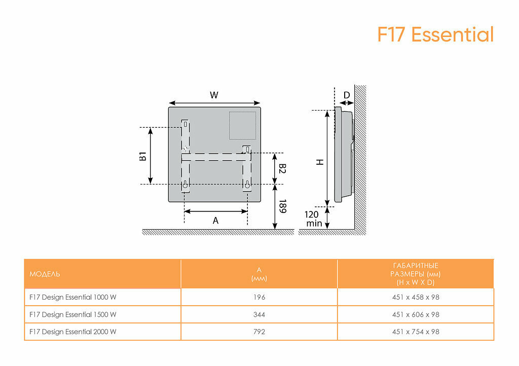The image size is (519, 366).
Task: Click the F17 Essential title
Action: coord(435,35)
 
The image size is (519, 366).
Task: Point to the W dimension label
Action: coord(214,95)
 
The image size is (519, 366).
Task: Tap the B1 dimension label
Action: coord(143,156)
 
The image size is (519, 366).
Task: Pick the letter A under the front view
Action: coord(215,221)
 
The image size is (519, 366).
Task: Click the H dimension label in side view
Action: coord(319,162)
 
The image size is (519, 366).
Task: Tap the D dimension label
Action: coord(347,95)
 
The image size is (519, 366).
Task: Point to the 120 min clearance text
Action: coord(313,218)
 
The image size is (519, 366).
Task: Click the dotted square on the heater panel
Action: coord(242,125)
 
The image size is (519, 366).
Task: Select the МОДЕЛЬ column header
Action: coord(45,274)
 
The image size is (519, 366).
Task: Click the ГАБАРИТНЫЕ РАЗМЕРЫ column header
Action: coord(416,274)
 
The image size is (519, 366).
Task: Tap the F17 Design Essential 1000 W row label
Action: coord(73,297)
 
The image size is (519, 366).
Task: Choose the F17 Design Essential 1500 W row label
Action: coord(73,314)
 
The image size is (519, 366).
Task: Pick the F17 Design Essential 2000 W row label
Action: coord(73,332)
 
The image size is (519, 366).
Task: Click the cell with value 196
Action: coord(259,297)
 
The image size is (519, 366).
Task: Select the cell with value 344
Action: coord(259,314)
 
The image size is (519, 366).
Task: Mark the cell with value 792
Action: coord(259,332)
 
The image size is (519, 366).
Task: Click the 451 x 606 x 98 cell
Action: coord(416,314)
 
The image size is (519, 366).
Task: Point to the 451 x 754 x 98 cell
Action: coord(416,332)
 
